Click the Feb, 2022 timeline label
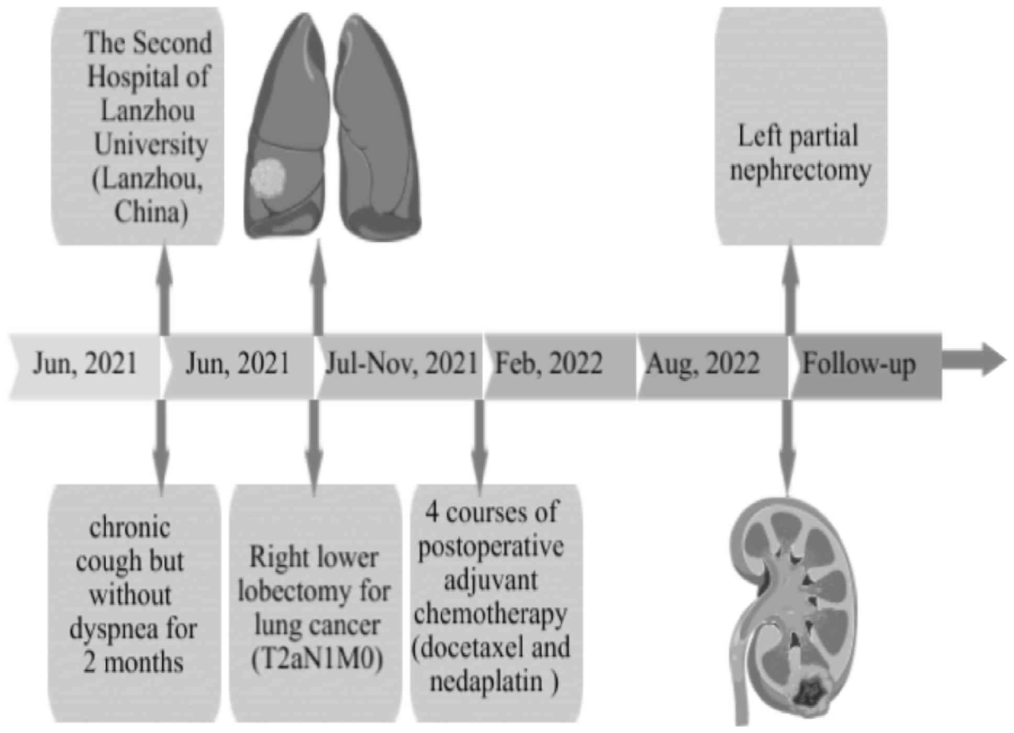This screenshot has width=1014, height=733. [549, 363]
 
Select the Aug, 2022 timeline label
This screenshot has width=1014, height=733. [703, 363]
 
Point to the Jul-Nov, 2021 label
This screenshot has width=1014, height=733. [401, 363]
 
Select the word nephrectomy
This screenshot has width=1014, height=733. [800, 171]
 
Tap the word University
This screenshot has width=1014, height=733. [151, 145]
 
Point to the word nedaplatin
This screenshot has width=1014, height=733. [486, 681]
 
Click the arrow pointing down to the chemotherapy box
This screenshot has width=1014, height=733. [479, 445]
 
